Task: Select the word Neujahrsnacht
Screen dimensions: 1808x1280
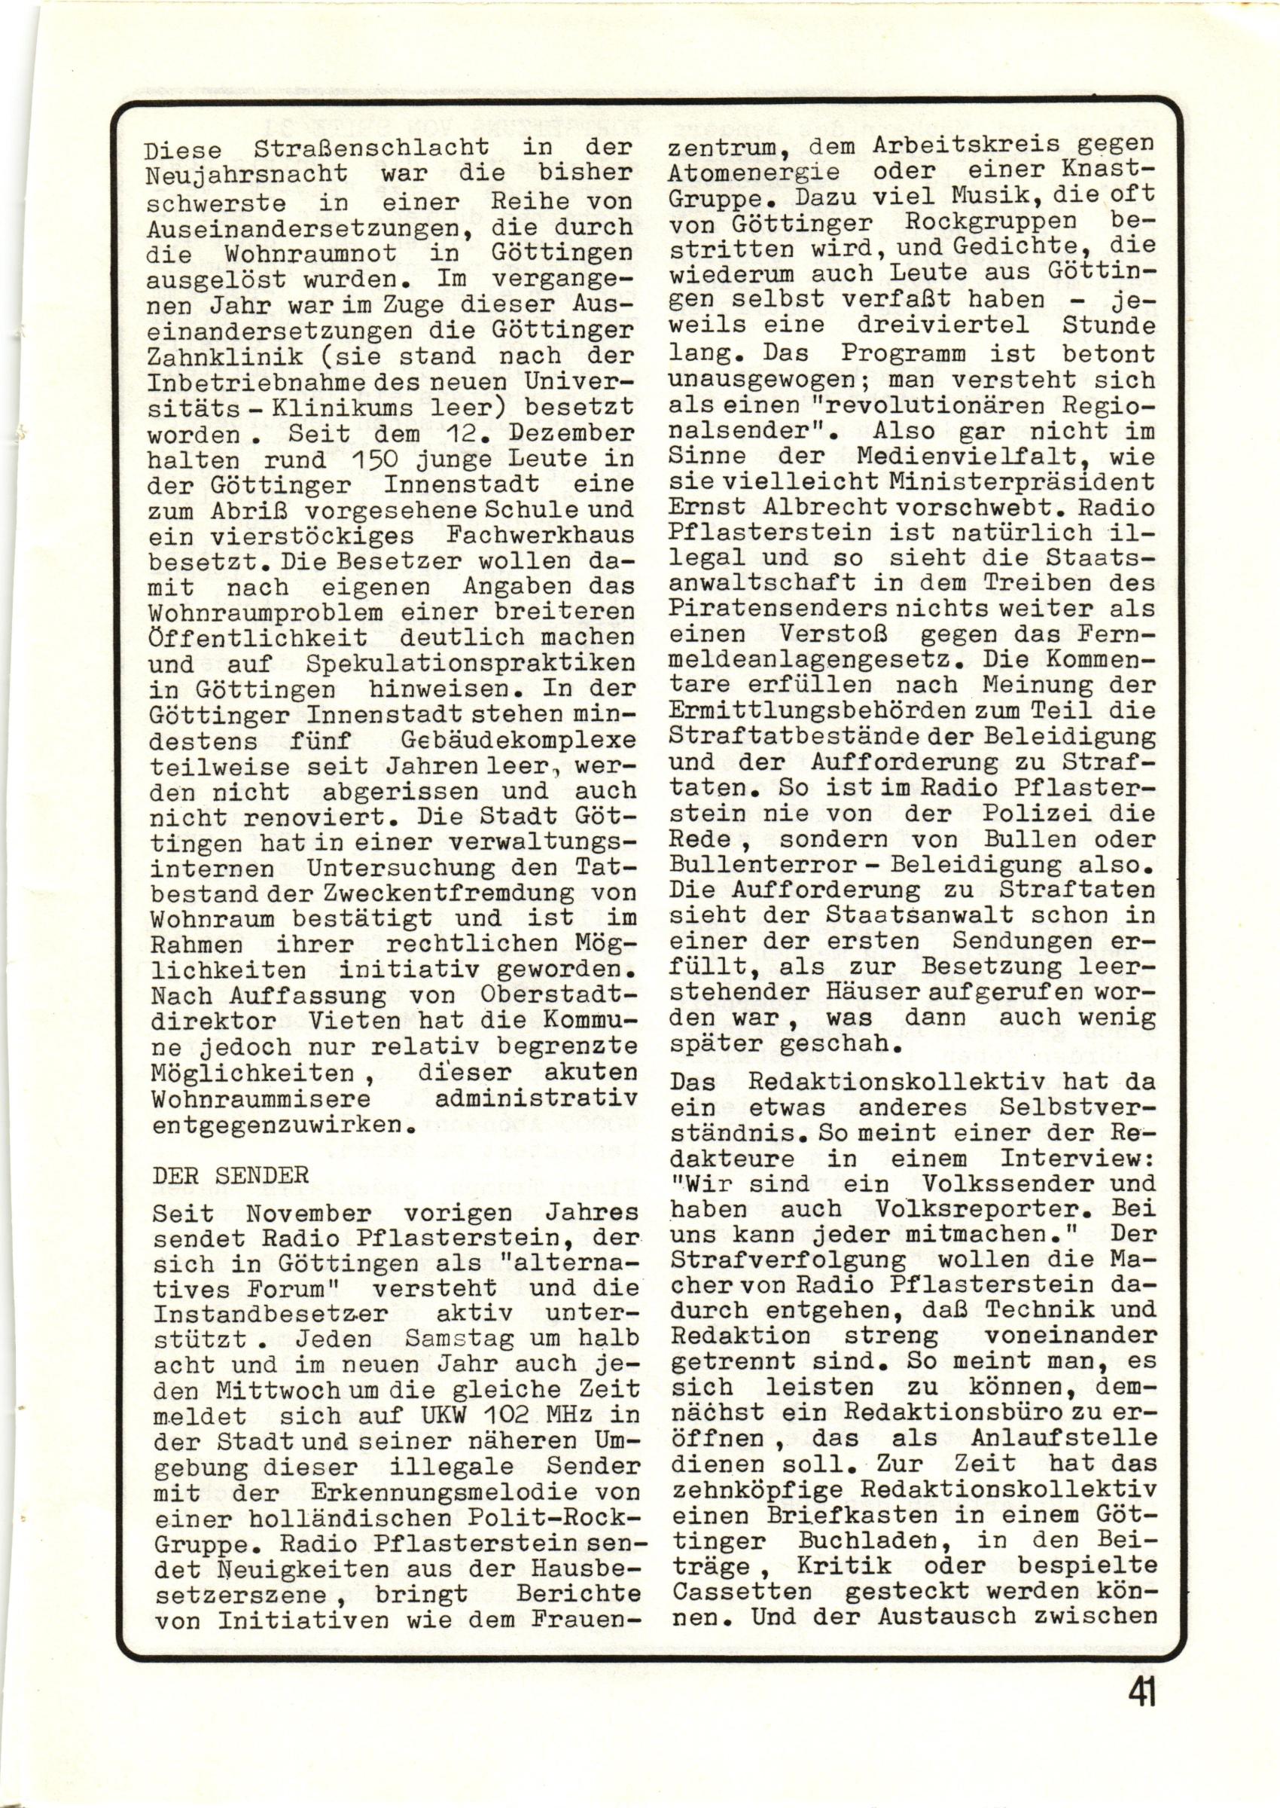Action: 247,173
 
